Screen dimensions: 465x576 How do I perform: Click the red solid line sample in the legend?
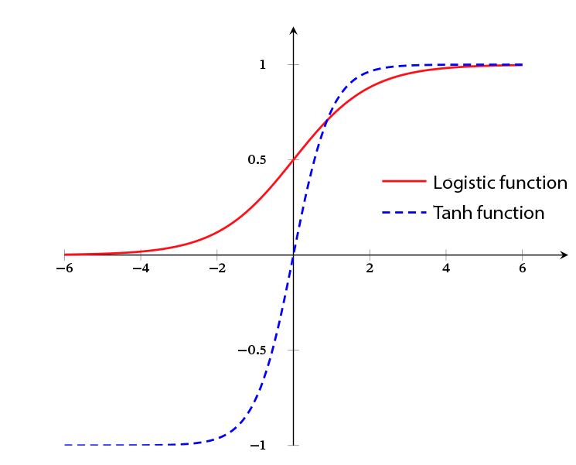point(404,182)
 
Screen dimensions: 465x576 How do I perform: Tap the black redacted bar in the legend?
point(489,212)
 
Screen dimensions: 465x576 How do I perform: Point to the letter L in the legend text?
point(438,183)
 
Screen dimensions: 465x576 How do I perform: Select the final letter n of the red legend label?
point(562,184)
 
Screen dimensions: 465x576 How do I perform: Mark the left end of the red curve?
point(64,254)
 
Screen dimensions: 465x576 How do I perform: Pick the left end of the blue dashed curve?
point(64,445)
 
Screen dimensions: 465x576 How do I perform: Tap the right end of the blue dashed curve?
point(522,65)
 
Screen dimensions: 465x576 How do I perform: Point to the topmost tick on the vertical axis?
point(293,65)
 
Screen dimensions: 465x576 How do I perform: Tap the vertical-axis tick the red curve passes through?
point(293,160)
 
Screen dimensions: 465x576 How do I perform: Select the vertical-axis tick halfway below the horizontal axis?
point(293,350)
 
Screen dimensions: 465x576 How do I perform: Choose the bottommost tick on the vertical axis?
point(293,446)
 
